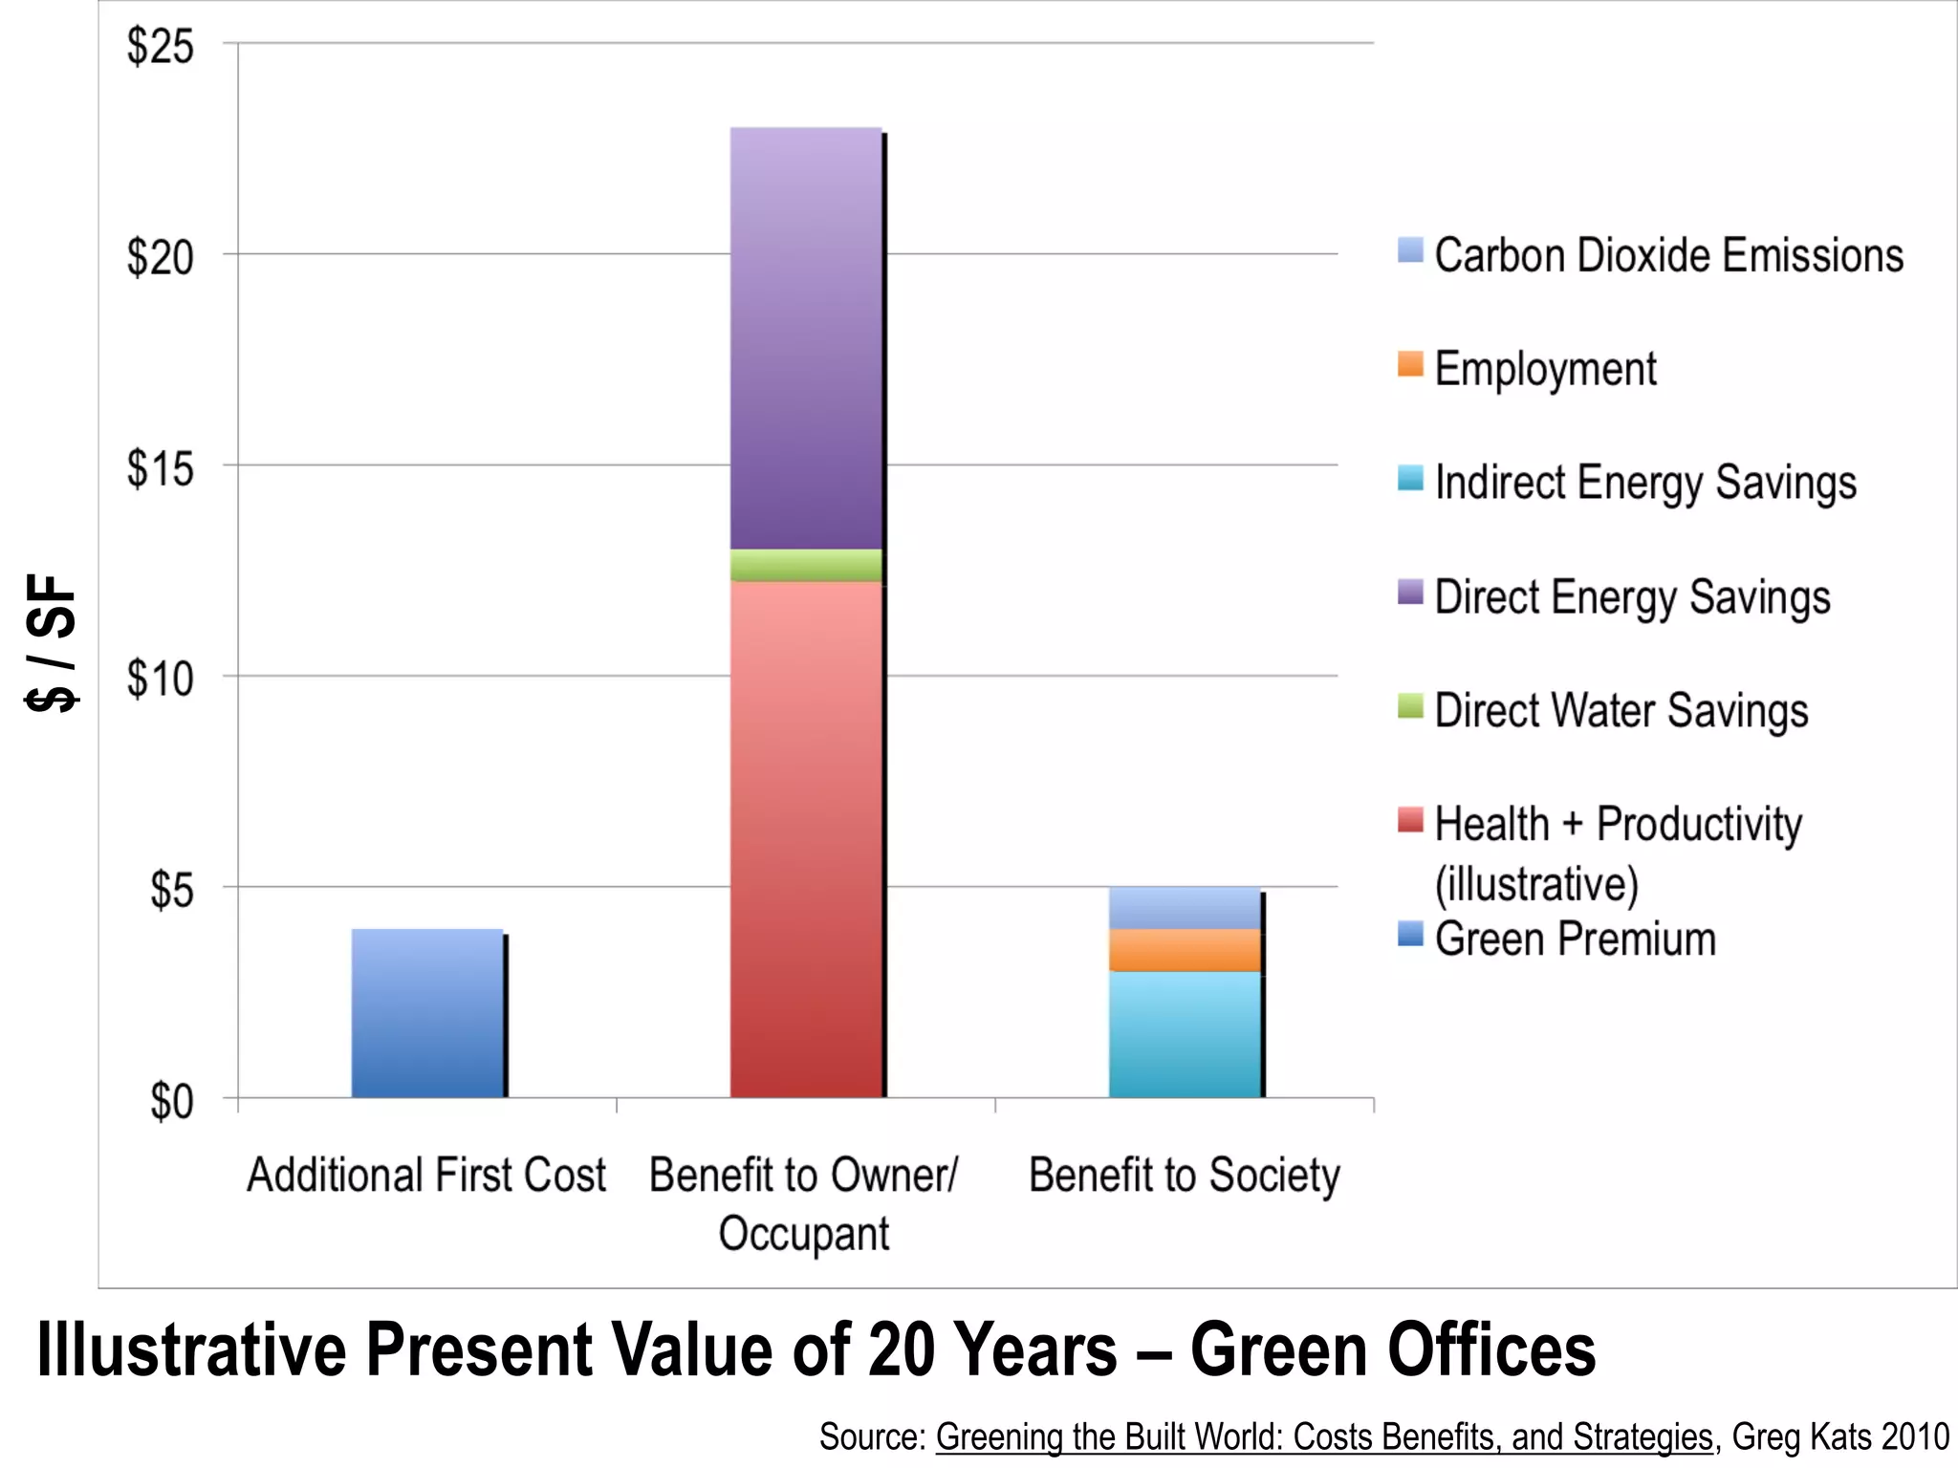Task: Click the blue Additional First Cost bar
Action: coord(426,1013)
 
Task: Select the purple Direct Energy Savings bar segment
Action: coord(805,337)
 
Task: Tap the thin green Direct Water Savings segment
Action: coord(805,565)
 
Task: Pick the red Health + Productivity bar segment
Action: coord(805,839)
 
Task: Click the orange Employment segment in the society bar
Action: coord(1185,950)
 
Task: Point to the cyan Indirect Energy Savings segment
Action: coord(1185,1034)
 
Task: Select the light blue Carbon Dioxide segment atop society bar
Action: coord(1185,908)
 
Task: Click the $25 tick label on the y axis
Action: coord(160,46)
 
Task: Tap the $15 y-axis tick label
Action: coord(160,468)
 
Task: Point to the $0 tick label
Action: coord(171,1101)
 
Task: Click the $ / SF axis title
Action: coord(52,642)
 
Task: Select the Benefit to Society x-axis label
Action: coord(1184,1176)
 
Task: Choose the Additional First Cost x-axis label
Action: coord(426,1176)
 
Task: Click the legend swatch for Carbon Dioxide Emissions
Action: coord(1410,250)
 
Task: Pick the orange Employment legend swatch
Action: coord(1410,364)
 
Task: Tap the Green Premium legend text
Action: coord(1575,939)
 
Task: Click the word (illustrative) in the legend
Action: coord(1536,883)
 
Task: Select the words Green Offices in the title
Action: coord(1392,1349)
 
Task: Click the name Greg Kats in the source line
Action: coord(1800,1436)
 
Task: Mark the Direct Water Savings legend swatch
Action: coord(1410,706)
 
